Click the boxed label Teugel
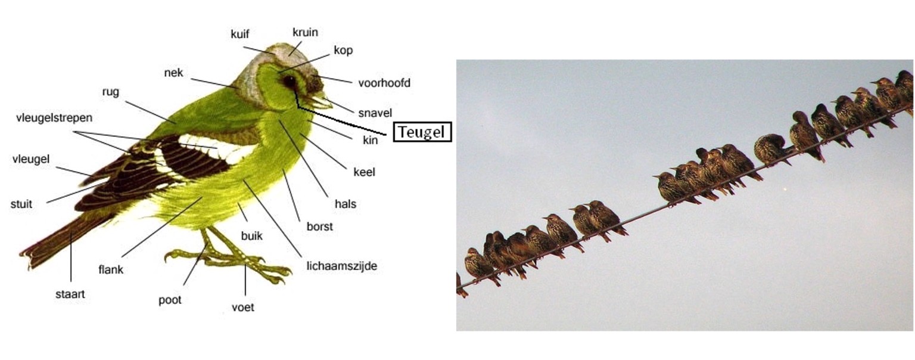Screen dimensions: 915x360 (421, 132)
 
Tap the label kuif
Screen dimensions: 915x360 (239, 34)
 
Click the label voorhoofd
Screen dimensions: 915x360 (384, 83)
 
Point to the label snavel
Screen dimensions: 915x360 (375, 113)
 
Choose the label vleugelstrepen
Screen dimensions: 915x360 (54, 118)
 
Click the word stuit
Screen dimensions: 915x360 (21, 204)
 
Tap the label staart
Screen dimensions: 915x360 (70, 294)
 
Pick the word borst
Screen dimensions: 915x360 (319, 226)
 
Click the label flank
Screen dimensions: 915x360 (111, 269)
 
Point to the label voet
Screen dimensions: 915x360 (242, 308)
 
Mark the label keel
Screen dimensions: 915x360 (364, 172)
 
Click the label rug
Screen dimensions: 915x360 (111, 92)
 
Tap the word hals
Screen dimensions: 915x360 (346, 204)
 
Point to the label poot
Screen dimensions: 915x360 (170, 300)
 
